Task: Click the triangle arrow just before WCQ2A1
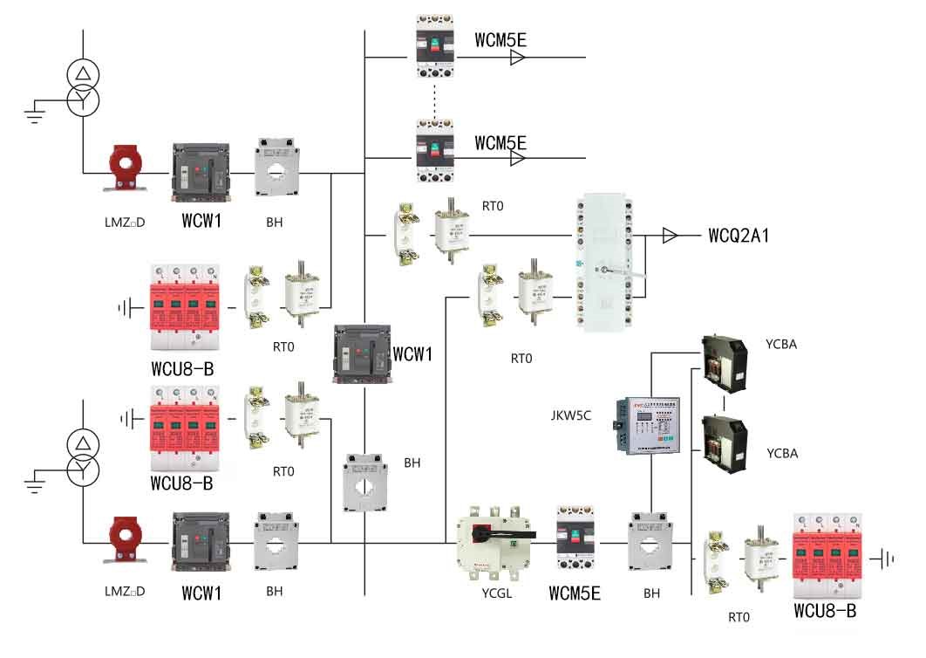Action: tap(670, 236)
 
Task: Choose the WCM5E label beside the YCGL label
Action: tap(574, 594)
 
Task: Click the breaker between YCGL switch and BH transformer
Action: tap(575, 540)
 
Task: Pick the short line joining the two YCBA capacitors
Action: tap(725, 404)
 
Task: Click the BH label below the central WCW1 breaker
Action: tap(412, 463)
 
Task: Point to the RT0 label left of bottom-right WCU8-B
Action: tap(739, 617)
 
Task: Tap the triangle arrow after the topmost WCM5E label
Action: tap(518, 58)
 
